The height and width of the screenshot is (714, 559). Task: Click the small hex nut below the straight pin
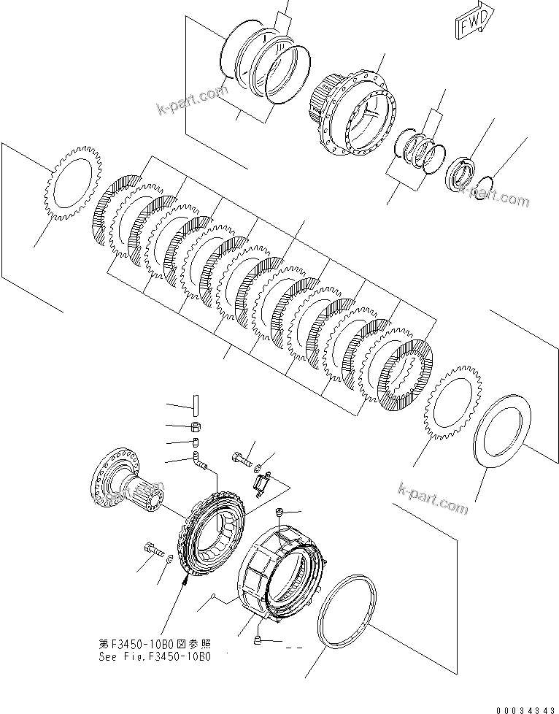click(x=196, y=426)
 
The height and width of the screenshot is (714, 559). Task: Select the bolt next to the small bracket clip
click(x=242, y=459)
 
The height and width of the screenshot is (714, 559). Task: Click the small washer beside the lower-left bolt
click(x=170, y=559)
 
